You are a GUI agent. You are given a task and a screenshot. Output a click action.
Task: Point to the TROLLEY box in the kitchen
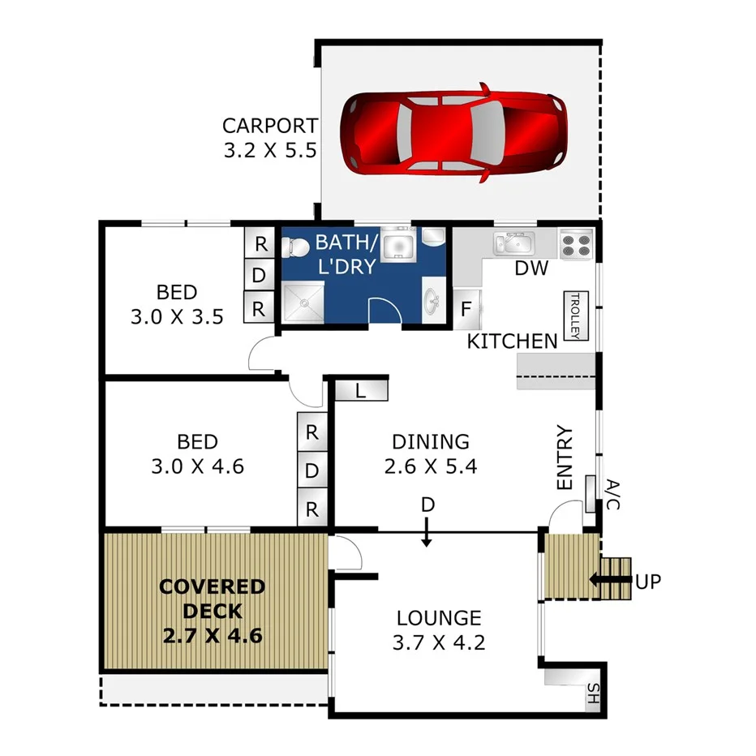(x=575, y=316)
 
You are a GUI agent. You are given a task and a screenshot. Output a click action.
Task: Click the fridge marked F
(x=466, y=308)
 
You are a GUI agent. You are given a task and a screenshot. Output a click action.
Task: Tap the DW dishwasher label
(x=532, y=268)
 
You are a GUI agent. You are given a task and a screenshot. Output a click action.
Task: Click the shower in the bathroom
(x=302, y=303)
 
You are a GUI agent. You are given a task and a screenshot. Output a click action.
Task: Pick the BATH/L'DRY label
(x=346, y=252)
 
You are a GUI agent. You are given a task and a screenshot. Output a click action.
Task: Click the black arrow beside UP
(x=609, y=580)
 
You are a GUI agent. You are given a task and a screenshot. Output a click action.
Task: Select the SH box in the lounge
(x=594, y=694)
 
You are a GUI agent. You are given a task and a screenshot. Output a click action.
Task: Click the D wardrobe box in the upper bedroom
(x=259, y=276)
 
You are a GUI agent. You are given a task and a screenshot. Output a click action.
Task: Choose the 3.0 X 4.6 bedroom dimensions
(x=198, y=466)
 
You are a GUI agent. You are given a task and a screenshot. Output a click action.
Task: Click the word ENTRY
(x=565, y=457)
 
